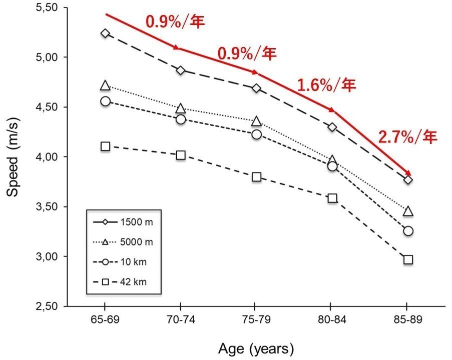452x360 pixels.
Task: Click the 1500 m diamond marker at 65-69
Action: [x=105, y=33]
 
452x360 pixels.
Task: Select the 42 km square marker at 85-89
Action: [x=408, y=259]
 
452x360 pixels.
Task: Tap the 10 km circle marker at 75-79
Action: [x=256, y=134]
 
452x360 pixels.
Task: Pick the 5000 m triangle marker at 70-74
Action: [x=181, y=108]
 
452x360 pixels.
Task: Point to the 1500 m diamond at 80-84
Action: [x=332, y=127]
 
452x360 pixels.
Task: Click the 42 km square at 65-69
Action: [x=105, y=146]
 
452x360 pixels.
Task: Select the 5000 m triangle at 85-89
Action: [x=408, y=211]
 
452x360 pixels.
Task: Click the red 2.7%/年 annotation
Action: [x=408, y=137]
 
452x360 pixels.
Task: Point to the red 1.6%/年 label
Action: [x=326, y=85]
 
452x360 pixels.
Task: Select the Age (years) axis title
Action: [x=256, y=348]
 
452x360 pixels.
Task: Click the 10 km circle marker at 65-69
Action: [x=105, y=101]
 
